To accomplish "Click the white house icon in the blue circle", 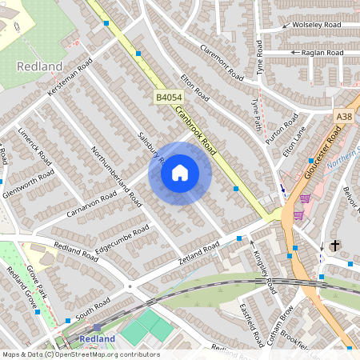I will pyautogui.click(x=180, y=173).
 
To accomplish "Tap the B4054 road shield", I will pyautogui.click(x=167, y=97).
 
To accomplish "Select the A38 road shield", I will pyautogui.click(x=344, y=117).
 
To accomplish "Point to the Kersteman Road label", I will pyautogui.click(x=70, y=78).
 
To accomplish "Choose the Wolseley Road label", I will pyautogui.click(x=317, y=26).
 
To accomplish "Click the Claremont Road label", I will pyautogui.click(x=222, y=61).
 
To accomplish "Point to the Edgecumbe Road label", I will pyautogui.click(x=122, y=236).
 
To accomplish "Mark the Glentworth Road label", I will pyautogui.click(x=29, y=183).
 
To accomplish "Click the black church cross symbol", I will pyautogui.click(x=334, y=246).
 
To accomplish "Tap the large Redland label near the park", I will pyautogui.click(x=39, y=66).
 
